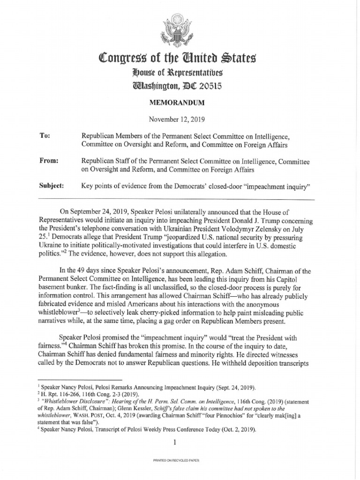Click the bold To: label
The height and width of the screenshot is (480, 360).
pyautogui.click(x=45, y=136)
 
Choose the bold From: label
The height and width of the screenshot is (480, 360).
pyautogui.click(x=48, y=161)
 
